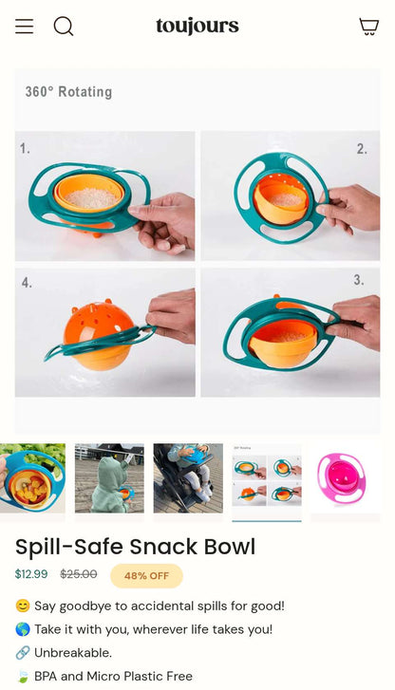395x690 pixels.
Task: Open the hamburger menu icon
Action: (25, 26)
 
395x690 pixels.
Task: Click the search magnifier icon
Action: (64, 27)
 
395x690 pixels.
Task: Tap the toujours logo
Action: (197, 27)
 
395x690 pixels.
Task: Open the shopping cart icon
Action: (369, 27)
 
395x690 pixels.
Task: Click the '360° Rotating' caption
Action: (68, 92)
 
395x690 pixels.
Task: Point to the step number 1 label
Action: (25, 148)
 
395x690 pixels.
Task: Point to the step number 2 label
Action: (362, 149)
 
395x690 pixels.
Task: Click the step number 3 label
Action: (359, 280)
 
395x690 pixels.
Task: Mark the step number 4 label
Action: (27, 282)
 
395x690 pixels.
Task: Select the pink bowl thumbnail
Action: (345, 478)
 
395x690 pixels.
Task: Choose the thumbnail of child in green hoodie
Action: (109, 478)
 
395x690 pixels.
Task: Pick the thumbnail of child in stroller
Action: (188, 478)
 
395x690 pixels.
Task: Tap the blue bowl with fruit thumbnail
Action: (32, 478)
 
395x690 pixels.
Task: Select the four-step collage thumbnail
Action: (267, 478)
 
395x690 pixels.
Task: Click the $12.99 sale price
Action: (31, 574)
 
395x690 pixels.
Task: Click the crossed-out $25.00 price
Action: (79, 574)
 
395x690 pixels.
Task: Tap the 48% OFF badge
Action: (146, 575)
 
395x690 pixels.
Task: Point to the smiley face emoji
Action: (23, 606)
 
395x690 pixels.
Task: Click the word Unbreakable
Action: (73, 653)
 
